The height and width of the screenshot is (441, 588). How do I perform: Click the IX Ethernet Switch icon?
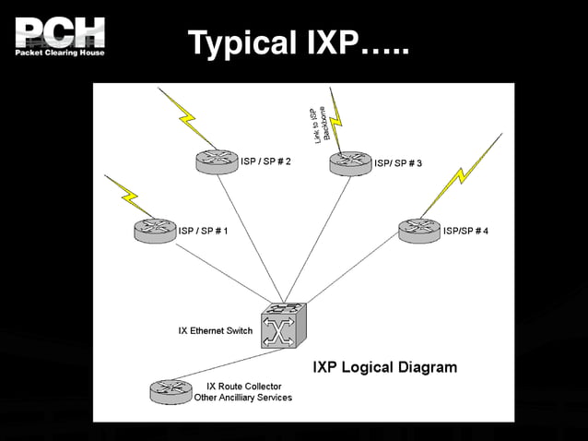click(x=280, y=327)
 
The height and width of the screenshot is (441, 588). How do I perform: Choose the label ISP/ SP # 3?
click(x=398, y=163)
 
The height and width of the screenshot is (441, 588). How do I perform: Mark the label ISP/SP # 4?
click(x=465, y=230)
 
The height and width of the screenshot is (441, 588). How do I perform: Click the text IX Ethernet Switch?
click(x=215, y=330)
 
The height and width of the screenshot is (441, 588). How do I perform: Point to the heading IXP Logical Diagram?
click(x=384, y=367)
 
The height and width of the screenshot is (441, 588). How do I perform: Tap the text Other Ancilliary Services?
click(x=242, y=398)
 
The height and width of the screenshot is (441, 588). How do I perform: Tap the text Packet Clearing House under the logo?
click(x=59, y=53)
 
